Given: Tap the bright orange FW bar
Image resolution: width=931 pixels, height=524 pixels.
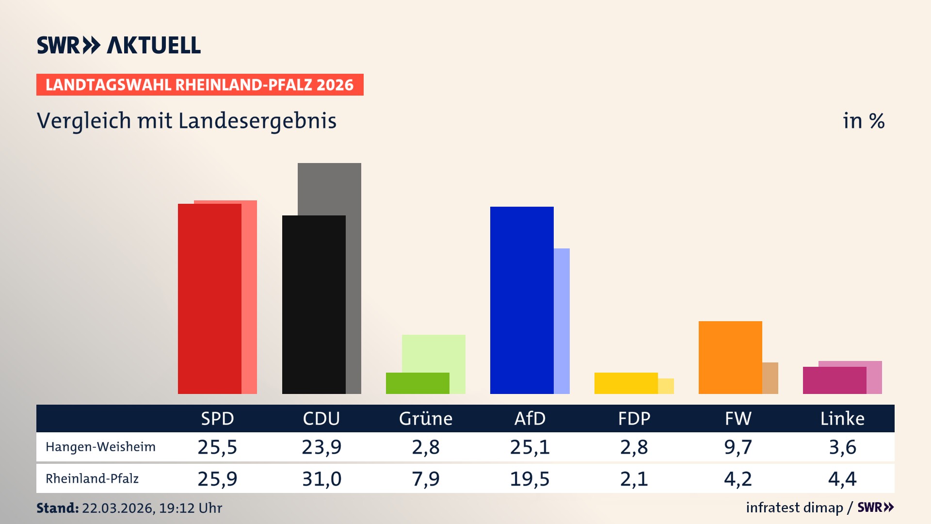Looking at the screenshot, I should (730, 357).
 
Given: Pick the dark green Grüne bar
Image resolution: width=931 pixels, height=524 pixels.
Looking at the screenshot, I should (417, 383).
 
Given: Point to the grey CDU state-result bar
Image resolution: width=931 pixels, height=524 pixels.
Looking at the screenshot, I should (330, 189).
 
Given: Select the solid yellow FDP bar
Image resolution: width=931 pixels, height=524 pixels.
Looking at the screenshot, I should (626, 383).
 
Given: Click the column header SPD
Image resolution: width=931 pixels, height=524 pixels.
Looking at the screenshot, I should (217, 418).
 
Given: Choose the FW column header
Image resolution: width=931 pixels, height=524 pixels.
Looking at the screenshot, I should (738, 418).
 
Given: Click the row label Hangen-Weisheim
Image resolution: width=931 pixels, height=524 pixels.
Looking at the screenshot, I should (100, 447).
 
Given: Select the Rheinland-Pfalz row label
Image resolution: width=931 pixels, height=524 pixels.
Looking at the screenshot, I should (92, 479).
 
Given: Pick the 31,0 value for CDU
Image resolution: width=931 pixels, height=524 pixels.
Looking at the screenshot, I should (321, 479).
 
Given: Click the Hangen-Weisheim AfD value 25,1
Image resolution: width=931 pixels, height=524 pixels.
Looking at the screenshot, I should (530, 447).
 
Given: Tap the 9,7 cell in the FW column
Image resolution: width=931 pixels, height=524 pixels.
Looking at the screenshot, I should (738, 447).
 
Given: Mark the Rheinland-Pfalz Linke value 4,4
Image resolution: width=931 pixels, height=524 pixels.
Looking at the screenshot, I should (842, 479).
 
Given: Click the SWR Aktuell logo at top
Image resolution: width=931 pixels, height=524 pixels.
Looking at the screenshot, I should (119, 45).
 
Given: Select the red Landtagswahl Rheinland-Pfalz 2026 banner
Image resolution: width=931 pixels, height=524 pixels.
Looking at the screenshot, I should (200, 85).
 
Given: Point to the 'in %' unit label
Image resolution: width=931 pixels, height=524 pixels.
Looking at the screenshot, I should (864, 121).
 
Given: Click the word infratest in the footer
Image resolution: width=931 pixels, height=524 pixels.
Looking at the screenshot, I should (770, 508).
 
